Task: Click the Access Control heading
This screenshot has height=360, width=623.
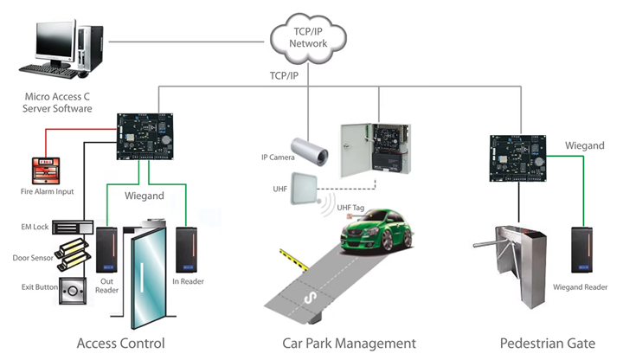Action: (120, 343)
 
